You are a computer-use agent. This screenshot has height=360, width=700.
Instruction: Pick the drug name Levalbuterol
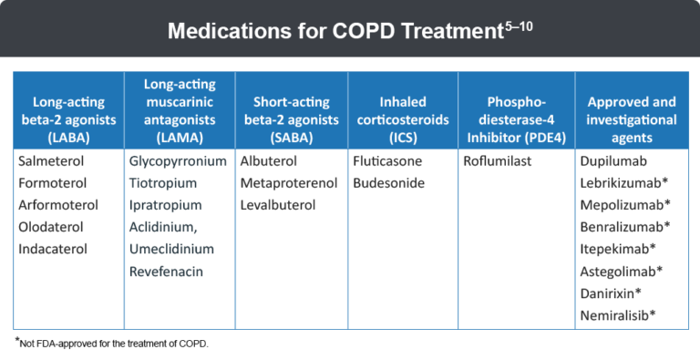(277, 204)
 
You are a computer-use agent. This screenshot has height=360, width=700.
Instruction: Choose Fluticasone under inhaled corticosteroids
(388, 160)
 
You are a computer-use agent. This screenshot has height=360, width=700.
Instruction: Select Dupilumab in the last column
(614, 160)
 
